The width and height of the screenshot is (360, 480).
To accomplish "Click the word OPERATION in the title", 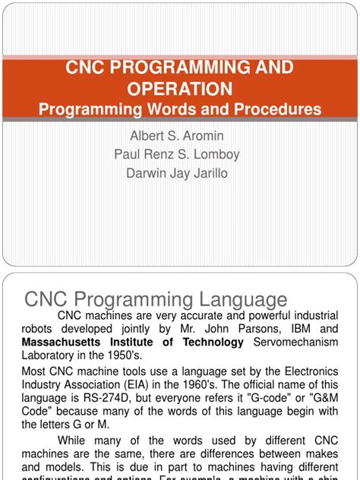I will pyautogui.click(x=180, y=89).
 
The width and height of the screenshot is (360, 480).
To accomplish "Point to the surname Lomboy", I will pyautogui.click(x=213, y=154).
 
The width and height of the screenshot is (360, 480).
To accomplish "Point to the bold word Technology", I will pyautogui.click(x=209, y=343).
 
